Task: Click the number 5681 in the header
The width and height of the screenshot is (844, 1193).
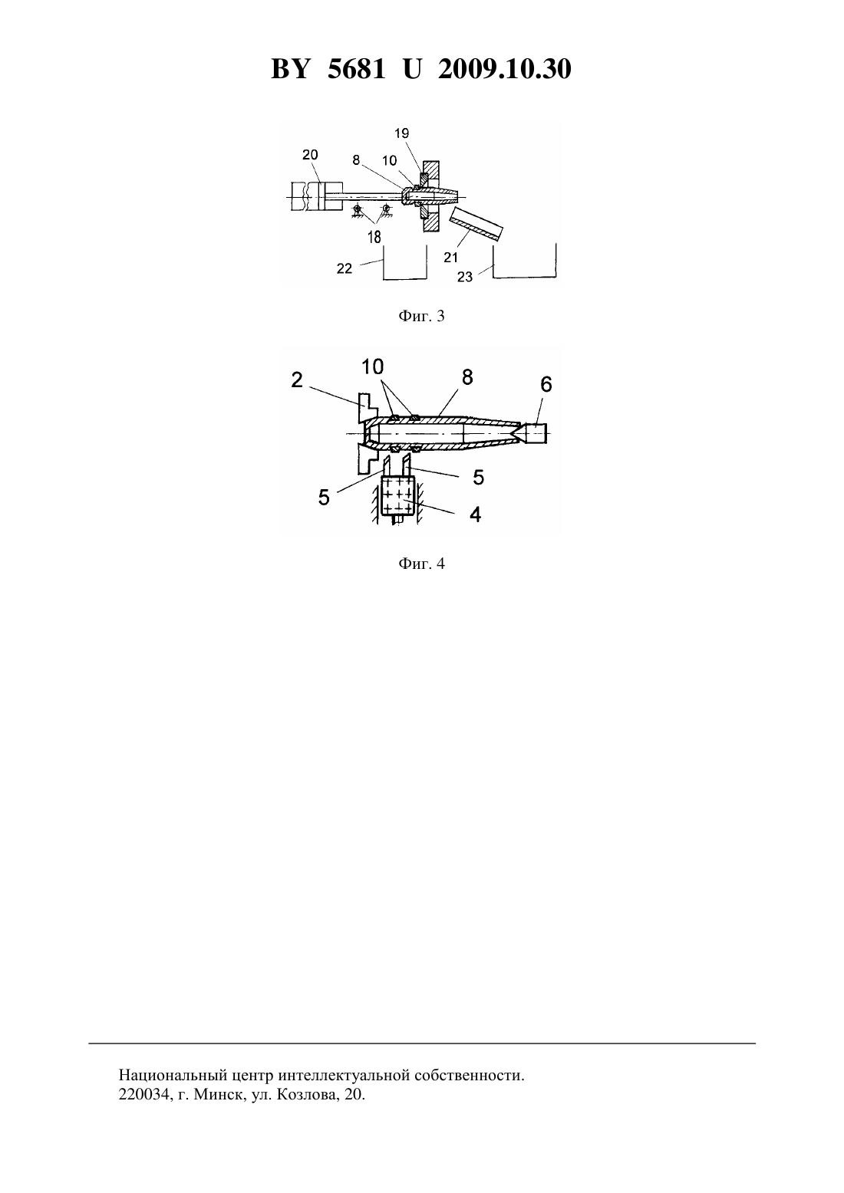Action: [x=356, y=69]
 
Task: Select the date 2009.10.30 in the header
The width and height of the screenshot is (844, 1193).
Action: [x=505, y=69]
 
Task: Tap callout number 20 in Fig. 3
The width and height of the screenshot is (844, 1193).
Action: [x=310, y=154]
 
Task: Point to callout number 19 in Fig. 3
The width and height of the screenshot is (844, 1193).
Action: [x=402, y=133]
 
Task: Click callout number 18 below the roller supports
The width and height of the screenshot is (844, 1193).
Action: [x=374, y=236]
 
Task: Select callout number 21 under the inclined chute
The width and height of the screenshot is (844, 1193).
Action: [x=451, y=258]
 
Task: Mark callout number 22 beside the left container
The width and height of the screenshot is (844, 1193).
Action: [x=345, y=268]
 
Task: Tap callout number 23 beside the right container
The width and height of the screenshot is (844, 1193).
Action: [x=465, y=277]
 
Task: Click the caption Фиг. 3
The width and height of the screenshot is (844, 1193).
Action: [x=421, y=317]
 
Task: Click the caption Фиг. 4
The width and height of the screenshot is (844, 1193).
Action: [x=421, y=564]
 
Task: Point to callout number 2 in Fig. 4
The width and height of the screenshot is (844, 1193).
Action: [x=297, y=380]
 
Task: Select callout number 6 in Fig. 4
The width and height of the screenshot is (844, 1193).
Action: [x=546, y=384]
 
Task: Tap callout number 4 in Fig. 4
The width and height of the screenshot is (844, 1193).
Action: [x=475, y=514]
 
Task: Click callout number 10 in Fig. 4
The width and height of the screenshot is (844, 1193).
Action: [x=372, y=366]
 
